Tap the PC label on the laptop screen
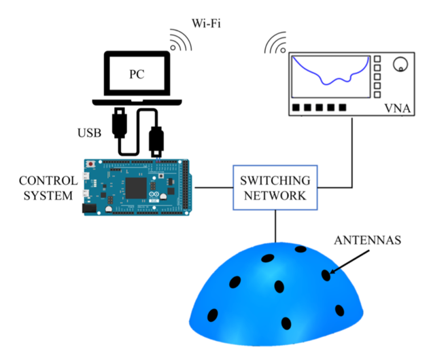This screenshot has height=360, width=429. (139, 73)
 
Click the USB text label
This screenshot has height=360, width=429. (89, 132)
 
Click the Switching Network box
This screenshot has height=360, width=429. (274, 188)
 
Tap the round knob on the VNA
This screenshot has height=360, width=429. (400, 65)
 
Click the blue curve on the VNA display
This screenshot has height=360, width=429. (328, 81)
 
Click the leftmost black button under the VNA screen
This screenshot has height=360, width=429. (296, 108)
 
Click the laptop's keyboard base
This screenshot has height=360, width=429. (139, 101)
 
